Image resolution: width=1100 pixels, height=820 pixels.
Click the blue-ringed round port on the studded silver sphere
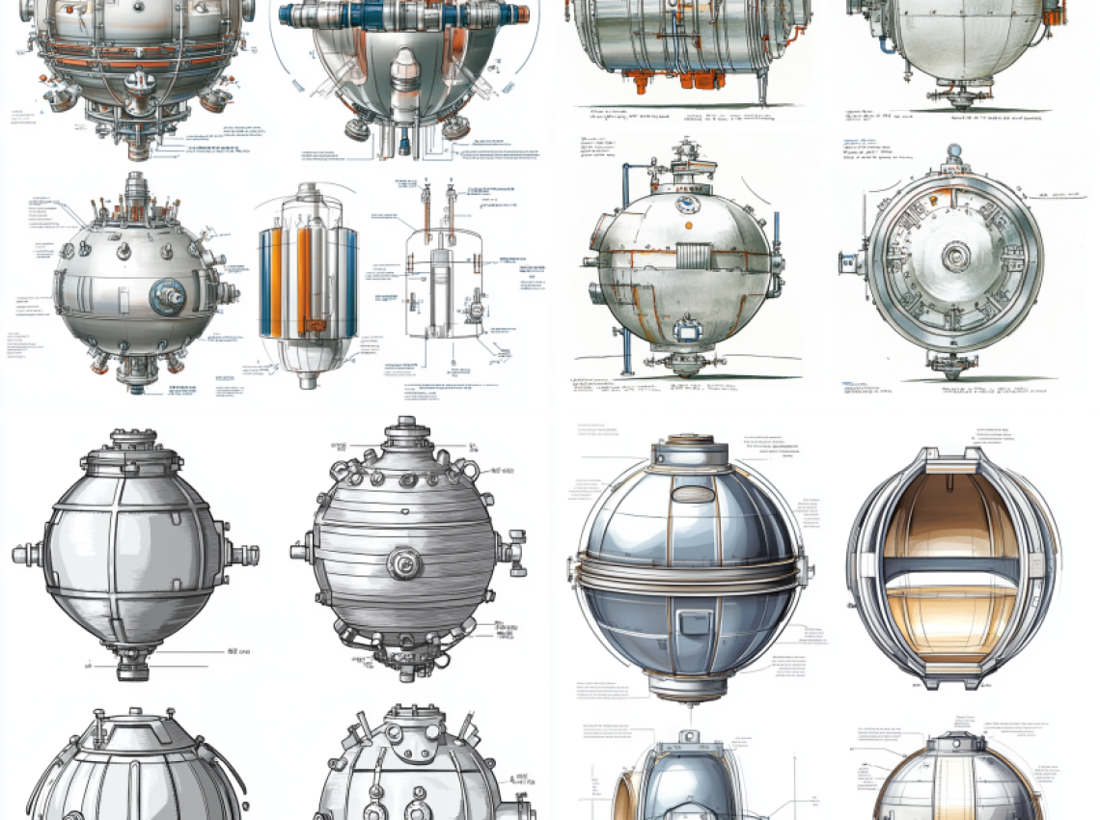(x=170, y=295)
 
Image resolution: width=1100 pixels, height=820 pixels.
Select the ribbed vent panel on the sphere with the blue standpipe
(x=693, y=257)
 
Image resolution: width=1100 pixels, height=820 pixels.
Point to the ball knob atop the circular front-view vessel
(x=954, y=151)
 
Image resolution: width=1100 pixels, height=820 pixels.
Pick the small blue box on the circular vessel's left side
(x=847, y=261)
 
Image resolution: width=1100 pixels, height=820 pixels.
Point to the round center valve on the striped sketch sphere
(x=403, y=560)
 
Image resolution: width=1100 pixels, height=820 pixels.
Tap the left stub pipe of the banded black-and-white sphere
(x=24, y=555)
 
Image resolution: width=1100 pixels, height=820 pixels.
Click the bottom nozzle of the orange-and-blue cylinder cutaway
(x=307, y=380)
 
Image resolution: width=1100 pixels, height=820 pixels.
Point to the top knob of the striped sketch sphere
(x=405, y=425)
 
